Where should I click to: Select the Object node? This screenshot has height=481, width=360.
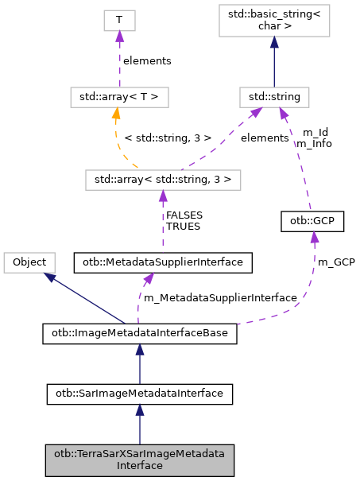(x=29, y=262)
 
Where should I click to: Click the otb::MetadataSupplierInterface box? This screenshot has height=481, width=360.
(x=163, y=262)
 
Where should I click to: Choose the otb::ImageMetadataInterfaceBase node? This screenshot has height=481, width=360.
(x=140, y=334)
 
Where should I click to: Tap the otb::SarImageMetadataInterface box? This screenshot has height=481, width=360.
(x=140, y=392)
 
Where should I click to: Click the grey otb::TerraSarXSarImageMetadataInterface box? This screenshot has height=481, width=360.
(x=140, y=459)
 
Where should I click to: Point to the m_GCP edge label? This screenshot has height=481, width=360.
(x=336, y=262)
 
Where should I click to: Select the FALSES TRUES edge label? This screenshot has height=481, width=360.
(x=183, y=220)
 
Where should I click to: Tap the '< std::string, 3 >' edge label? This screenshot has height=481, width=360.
(x=168, y=138)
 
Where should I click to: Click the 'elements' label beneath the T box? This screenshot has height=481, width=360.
(x=145, y=60)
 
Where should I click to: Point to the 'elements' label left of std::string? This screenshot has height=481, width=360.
(x=264, y=138)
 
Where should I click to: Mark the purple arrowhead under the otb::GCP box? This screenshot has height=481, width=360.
(x=315, y=237)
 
